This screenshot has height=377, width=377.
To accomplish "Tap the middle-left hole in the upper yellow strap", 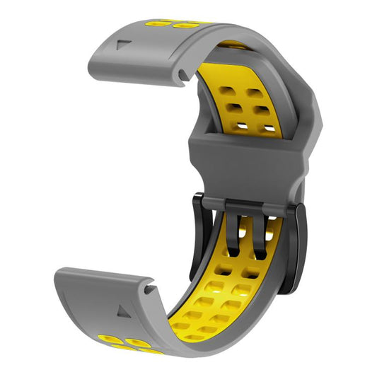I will click(x=233, y=109).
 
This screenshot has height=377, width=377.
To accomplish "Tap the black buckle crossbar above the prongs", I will click(x=248, y=206).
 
